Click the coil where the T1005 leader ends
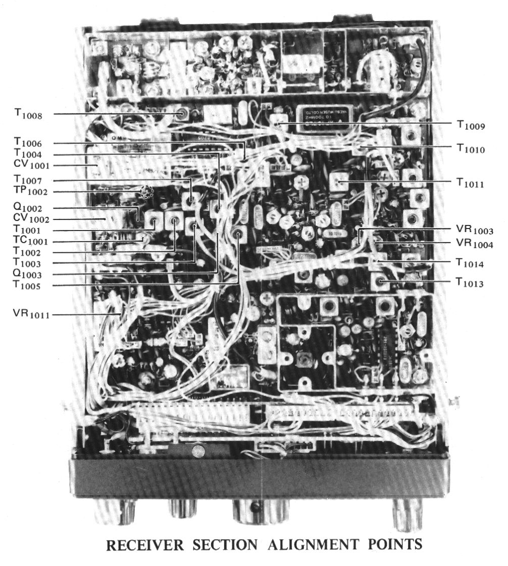coord(238,233)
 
